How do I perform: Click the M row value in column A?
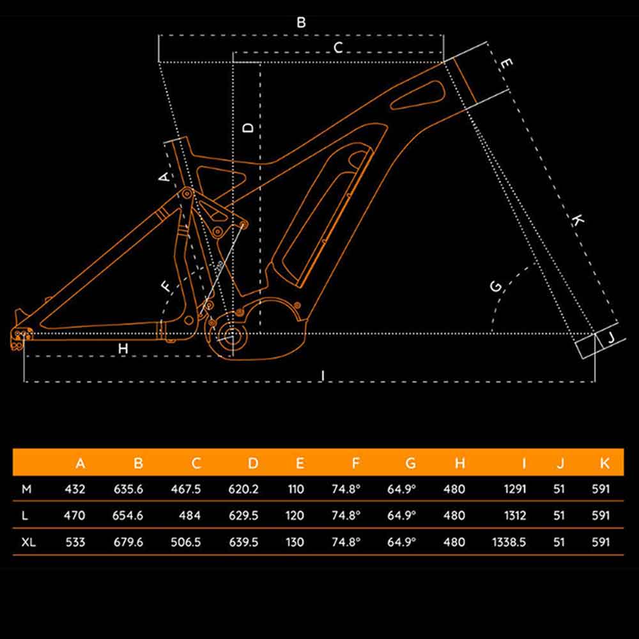(75, 489)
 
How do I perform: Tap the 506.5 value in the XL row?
(186, 542)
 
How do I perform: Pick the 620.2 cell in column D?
(243, 489)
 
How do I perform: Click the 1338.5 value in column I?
(509, 542)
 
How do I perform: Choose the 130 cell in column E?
(295, 542)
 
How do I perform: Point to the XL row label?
(28, 542)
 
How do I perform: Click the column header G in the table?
(410, 463)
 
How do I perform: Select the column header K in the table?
(604, 463)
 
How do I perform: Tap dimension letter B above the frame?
(301, 22)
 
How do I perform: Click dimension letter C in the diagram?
(338, 47)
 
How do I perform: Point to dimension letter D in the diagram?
(249, 127)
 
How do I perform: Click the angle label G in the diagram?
(496, 286)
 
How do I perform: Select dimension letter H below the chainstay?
(123, 348)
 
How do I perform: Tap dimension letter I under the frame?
(323, 375)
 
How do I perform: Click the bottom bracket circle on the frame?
(231, 334)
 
